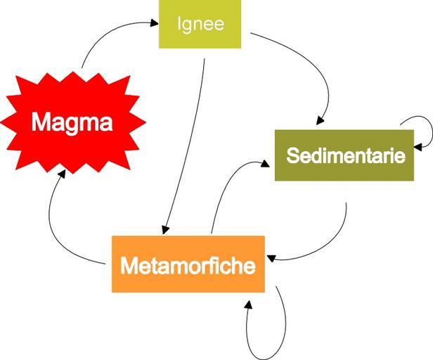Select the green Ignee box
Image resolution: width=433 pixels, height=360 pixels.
pos(200,24)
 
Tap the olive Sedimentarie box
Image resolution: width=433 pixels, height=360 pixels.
pos(344,155)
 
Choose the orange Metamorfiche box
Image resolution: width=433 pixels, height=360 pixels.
pos(188,264)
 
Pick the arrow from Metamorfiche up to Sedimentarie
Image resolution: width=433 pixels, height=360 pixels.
pos(224,186)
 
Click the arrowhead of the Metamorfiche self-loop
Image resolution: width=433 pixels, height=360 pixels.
pos(248,303)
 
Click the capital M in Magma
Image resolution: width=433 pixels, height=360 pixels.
pos(41,124)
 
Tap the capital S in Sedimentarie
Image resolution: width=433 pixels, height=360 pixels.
pos(292,155)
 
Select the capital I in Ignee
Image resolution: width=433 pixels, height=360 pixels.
pos(179,24)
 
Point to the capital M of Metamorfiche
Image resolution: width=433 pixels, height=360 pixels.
pos(129,266)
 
